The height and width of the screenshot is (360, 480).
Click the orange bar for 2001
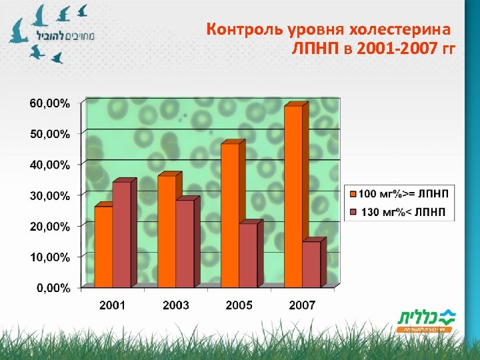pyautogui.click(x=103, y=247)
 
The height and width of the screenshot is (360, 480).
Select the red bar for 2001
pyautogui.click(x=122, y=235)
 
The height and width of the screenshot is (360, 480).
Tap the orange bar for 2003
pyautogui.click(x=167, y=231)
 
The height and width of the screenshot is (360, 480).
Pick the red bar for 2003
pyautogui.click(x=185, y=243)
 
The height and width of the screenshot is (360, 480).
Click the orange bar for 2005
pyautogui.click(x=230, y=215)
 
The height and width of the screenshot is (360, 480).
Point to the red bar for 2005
pyautogui.click(x=248, y=255)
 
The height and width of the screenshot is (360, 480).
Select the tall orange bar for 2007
pyautogui.click(x=293, y=197)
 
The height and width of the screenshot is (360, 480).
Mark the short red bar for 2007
pyautogui.click(x=311, y=264)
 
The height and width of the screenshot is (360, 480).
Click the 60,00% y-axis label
pyautogui.click(x=49, y=103)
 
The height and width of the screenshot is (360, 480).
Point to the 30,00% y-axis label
pyautogui.click(x=49, y=196)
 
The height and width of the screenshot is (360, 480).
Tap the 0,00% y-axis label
pyautogui.click(x=52, y=288)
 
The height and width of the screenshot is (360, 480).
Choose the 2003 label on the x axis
pyautogui.click(x=175, y=305)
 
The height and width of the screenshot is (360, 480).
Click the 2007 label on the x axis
pyautogui.click(x=302, y=305)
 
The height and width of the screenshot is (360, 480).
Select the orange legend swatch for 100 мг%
pyautogui.click(x=353, y=194)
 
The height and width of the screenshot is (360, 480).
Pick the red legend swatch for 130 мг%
pyautogui.click(x=353, y=212)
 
